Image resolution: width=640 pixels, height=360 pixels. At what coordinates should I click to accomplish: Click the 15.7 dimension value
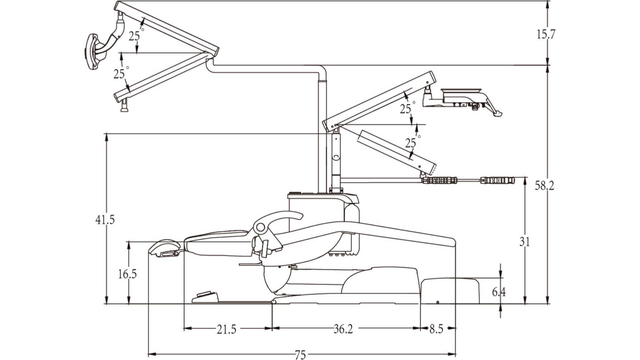546,34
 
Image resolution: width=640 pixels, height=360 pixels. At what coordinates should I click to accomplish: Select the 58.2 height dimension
544,186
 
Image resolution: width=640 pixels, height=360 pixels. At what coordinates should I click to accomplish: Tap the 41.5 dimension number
105,220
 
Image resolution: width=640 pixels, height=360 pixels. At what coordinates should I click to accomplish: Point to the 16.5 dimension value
127,274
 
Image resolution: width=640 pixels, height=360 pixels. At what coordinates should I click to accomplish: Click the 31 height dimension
524,242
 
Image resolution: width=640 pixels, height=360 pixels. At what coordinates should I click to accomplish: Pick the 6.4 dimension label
499,292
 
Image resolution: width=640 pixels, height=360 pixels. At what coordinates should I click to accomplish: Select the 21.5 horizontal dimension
227,329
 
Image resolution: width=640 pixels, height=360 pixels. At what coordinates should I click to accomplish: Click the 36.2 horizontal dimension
343,329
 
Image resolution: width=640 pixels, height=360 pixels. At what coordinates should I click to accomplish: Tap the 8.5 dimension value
436,329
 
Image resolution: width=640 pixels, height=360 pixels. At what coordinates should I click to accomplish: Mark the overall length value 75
300,355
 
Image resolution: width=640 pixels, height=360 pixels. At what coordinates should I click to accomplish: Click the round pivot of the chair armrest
260,228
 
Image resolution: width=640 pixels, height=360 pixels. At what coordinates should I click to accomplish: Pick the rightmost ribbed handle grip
498,180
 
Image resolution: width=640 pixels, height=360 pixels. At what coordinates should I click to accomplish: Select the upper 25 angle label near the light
134,36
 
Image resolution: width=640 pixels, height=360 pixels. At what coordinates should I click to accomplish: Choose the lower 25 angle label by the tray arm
411,143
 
